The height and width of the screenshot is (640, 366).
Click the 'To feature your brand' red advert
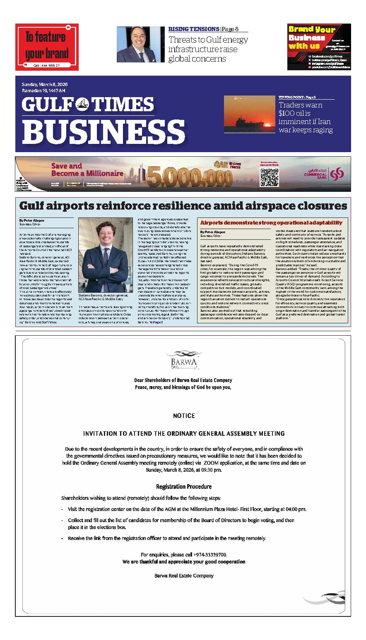[47, 47]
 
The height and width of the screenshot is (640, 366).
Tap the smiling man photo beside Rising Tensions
[135, 44]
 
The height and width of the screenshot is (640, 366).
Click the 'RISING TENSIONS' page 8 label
[194, 29]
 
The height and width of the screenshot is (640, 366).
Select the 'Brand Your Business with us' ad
[319, 47]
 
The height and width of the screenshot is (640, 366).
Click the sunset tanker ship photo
[249, 114]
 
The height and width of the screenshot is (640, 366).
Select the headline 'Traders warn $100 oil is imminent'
[306, 117]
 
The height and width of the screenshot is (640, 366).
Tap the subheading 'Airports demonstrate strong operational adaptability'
[271, 222]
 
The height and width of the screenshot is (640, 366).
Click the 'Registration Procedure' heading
[183, 487]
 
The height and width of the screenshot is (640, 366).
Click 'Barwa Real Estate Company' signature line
[183, 576]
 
